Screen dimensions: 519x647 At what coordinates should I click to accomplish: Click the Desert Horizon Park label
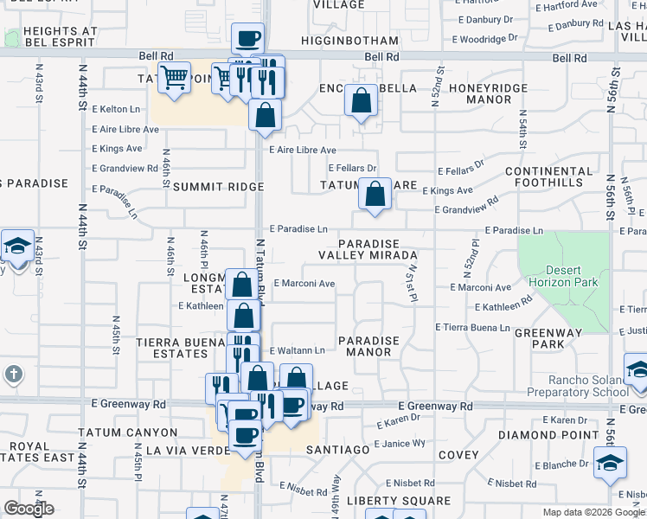coord(563,276)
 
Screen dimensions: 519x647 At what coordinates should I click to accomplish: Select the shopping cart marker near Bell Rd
coord(175,79)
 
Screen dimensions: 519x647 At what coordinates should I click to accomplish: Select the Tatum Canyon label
coord(127,432)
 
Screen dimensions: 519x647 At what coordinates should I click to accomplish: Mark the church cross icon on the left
coord(13,374)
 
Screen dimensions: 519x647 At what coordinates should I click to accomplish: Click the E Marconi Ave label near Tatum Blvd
coord(304,283)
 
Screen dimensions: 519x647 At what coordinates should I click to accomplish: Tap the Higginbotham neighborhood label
coord(352,41)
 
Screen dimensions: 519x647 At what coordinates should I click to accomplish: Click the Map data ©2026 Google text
coord(593,512)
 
